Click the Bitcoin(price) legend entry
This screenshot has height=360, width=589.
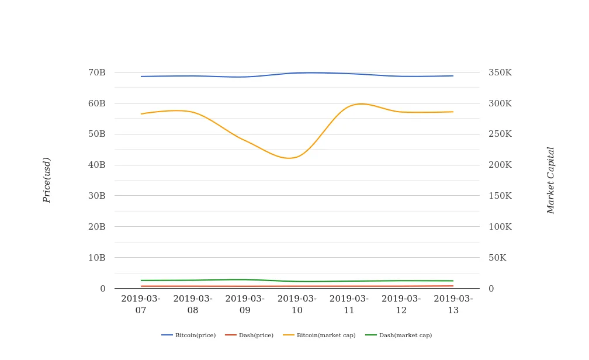(x=189, y=335)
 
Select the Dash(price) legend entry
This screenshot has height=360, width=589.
(x=250, y=335)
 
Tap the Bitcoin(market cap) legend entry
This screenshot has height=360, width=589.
(x=320, y=335)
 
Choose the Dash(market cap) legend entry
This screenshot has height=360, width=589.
(x=399, y=335)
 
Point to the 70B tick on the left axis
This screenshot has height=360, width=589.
(x=96, y=72)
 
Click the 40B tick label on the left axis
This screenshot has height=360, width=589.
(x=96, y=165)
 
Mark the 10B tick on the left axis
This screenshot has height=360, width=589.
(x=96, y=258)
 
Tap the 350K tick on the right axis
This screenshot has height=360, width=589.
(x=500, y=72)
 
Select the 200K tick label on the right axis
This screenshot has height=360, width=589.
(x=500, y=165)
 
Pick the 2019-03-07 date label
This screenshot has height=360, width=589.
(x=141, y=304)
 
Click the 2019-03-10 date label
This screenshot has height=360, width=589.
(x=297, y=304)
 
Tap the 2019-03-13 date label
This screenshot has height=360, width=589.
(x=453, y=304)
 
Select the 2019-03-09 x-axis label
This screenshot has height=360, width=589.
(x=245, y=304)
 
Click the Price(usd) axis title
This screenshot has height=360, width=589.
(x=47, y=180)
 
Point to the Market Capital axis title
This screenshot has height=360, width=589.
(x=550, y=180)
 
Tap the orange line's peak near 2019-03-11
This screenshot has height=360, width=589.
(x=361, y=103)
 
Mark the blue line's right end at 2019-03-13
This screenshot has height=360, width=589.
(x=453, y=76)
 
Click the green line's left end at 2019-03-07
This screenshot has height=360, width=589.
(x=141, y=281)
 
